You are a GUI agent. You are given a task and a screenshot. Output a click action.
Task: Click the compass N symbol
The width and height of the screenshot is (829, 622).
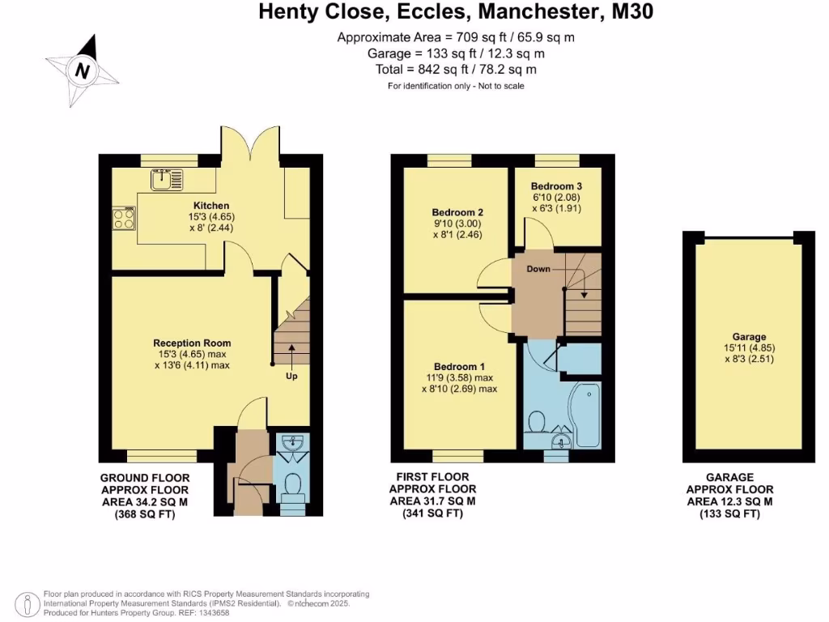pyautogui.click(x=81, y=71)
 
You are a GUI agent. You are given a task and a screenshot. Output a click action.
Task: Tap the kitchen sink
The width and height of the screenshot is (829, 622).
pyautogui.click(x=166, y=179)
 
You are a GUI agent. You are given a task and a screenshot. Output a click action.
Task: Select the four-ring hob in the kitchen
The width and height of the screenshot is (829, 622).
pyautogui.click(x=124, y=218)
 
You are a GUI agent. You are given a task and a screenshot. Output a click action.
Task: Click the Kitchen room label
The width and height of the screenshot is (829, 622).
pyautogui.click(x=210, y=206)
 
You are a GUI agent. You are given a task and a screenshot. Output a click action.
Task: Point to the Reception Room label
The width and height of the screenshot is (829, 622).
pyautogui.click(x=192, y=343)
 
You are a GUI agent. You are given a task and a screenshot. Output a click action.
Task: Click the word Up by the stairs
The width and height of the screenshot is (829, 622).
pyautogui.click(x=291, y=376)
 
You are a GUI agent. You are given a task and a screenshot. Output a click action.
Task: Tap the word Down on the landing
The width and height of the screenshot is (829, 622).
pyautogui.click(x=539, y=269)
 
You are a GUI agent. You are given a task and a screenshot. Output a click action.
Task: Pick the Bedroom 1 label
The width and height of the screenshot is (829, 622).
pyautogui.click(x=459, y=365)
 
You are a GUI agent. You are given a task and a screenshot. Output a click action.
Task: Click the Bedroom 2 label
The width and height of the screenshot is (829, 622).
pyautogui.click(x=452, y=213)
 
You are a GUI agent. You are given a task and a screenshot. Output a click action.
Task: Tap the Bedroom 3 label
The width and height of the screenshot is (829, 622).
pyautogui.click(x=558, y=185)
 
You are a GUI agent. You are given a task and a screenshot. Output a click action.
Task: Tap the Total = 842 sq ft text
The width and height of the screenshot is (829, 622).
pyautogui.click(x=456, y=70)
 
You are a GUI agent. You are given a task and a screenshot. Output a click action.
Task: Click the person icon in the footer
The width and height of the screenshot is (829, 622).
pyautogui.click(x=29, y=603)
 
